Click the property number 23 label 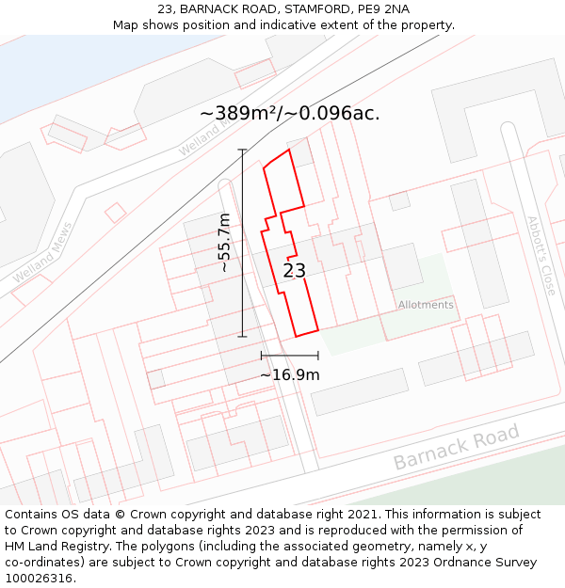(295, 271)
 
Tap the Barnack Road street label (456, 448)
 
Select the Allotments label (426, 305)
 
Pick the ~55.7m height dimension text (224, 243)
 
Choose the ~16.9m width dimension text (289, 374)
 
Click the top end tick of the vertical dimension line (242, 150)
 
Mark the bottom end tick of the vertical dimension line (242, 336)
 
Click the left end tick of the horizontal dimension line (261, 356)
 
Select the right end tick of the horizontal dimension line (318, 356)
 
